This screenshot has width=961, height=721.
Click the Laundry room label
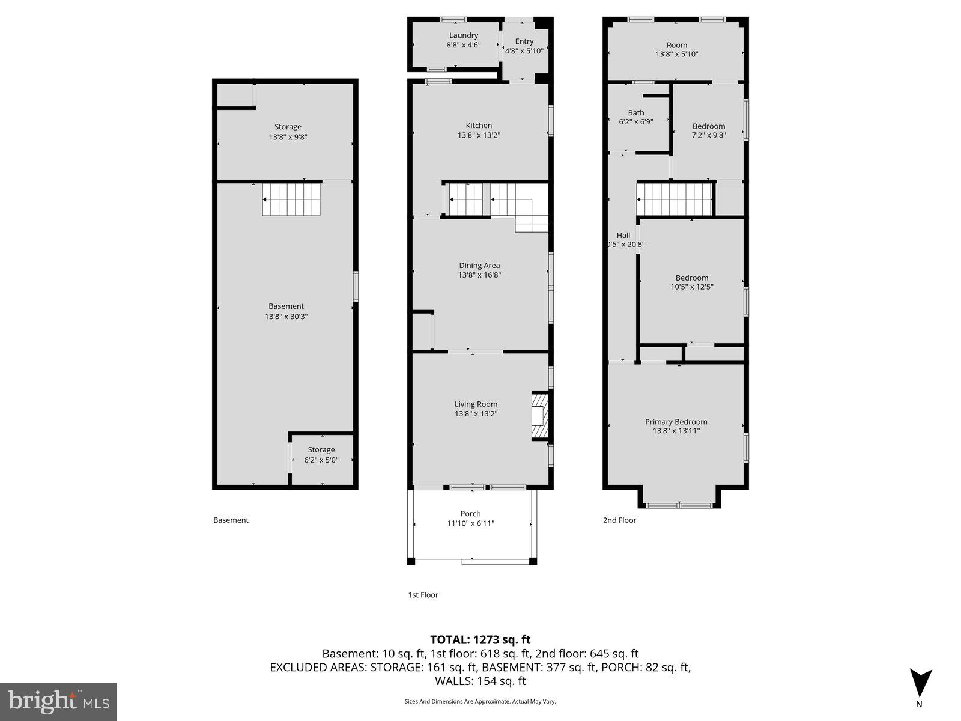point(464,35)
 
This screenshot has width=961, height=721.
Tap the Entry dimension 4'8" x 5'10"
point(524,51)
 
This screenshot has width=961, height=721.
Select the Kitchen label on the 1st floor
point(479,126)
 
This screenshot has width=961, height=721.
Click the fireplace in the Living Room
point(540,416)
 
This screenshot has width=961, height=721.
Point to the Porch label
point(470,514)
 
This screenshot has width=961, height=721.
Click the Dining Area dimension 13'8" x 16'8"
point(479,275)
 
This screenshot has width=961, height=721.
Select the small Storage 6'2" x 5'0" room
point(321,455)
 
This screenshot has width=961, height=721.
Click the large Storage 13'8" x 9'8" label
point(288,127)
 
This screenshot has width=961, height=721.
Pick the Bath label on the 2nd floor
point(636,112)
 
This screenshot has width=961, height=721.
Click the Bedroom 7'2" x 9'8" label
point(709,126)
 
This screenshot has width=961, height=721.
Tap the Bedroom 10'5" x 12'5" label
point(692,278)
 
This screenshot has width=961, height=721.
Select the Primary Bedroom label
point(676,422)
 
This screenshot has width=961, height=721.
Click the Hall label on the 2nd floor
point(623,235)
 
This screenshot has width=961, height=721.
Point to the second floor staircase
point(674,199)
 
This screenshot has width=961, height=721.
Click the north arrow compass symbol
point(920,683)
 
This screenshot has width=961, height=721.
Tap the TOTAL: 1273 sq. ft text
point(480,640)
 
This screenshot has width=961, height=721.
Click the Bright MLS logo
point(58,701)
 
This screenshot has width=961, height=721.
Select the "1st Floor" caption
point(423,595)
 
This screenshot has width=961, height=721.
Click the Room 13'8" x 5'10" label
point(677,45)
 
